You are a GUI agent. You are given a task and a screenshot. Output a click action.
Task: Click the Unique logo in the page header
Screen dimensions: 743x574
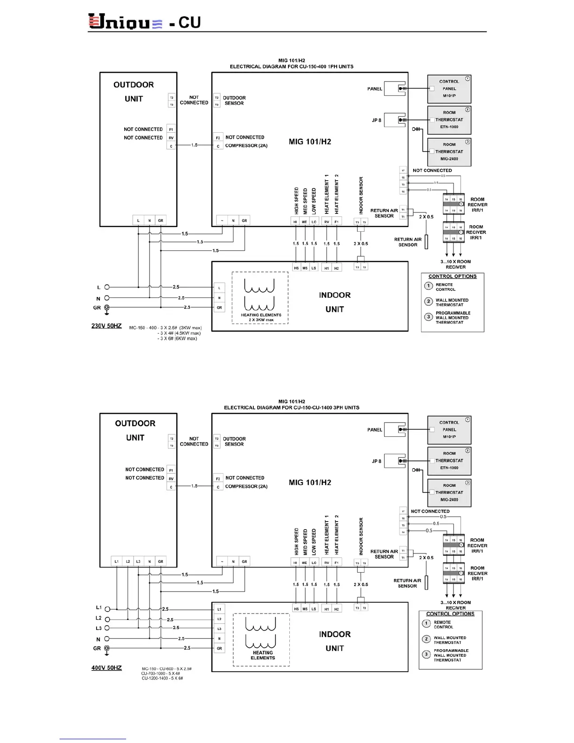coord(125,22)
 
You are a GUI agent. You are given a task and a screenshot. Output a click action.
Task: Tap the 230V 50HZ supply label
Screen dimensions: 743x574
coord(106,326)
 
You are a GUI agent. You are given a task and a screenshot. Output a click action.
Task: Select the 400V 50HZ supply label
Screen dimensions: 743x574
coord(106,667)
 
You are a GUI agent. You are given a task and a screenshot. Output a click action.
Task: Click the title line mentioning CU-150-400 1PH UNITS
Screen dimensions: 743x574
coord(291,67)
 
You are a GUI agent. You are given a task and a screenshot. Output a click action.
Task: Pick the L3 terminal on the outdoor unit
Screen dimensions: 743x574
coord(138,561)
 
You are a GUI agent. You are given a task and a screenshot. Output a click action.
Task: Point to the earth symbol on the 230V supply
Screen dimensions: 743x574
coord(107,309)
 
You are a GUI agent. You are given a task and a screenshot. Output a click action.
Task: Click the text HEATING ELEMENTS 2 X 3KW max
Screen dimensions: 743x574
coord(261,318)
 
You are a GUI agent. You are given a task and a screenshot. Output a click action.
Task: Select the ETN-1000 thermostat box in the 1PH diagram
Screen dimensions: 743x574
coord(449,120)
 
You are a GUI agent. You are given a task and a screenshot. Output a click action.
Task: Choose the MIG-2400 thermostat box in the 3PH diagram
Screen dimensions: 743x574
coord(449,493)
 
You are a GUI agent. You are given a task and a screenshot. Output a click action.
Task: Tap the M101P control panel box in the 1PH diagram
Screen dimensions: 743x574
coord(449,89)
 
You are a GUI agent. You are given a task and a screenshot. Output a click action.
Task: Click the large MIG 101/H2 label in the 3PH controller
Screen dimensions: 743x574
coord(310,483)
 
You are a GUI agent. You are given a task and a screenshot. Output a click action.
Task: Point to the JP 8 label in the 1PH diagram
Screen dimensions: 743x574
coord(377,121)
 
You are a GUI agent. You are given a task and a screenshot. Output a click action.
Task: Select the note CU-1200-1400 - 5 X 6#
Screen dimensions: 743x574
coord(162,678)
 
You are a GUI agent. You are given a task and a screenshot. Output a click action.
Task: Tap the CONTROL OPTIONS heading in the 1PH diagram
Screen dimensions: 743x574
coord(453,277)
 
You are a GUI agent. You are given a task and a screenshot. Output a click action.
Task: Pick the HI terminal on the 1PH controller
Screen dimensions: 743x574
coord(295,221)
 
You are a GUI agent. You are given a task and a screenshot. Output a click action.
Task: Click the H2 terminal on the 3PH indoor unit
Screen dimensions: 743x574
coord(336,609)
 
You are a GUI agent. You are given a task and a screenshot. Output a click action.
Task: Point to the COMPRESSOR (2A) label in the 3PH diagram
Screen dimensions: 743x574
coord(246,486)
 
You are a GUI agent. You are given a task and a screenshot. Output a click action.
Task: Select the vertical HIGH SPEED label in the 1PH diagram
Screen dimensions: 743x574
coord(296,201)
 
